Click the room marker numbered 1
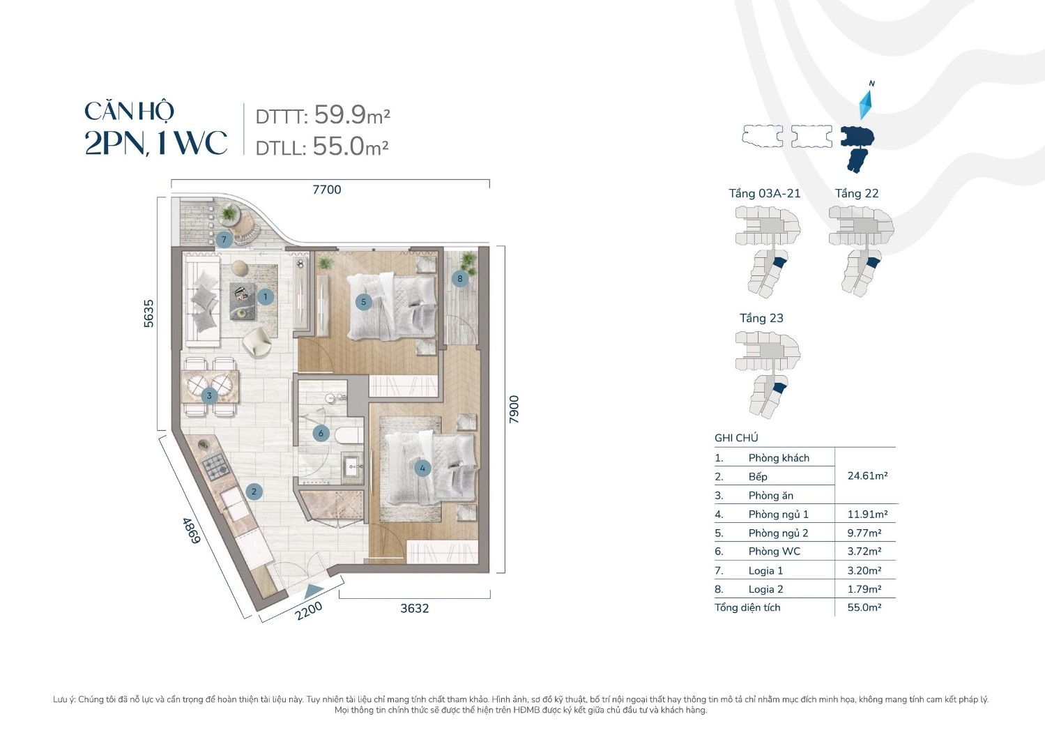point(265,297)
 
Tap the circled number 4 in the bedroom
point(422,468)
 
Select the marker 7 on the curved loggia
point(224,240)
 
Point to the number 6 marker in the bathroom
point(321,433)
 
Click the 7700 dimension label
point(326,190)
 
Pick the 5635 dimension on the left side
point(148,313)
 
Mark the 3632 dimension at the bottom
point(414,608)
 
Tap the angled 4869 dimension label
point(191,531)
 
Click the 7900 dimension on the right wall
point(514,409)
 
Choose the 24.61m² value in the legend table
point(867,476)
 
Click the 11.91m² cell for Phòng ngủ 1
point(867,515)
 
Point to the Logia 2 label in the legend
point(765,589)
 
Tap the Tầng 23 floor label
point(761,318)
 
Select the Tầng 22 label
point(857,194)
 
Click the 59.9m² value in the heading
point(351,114)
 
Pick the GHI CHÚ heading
point(736,438)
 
